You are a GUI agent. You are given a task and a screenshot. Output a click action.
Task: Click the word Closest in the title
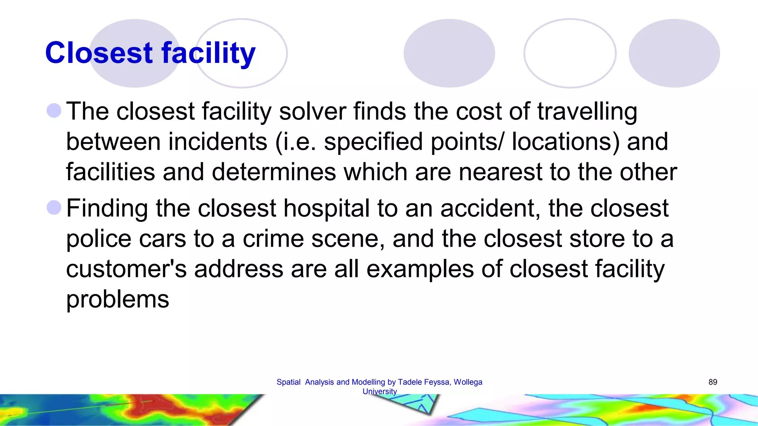pyautogui.click(x=99, y=53)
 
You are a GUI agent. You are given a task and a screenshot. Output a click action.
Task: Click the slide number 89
pyautogui.click(x=712, y=382)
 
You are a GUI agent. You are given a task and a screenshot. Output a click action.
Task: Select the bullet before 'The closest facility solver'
pyautogui.click(x=54, y=111)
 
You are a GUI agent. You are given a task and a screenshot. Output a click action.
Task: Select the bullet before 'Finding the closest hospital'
pyautogui.click(x=54, y=207)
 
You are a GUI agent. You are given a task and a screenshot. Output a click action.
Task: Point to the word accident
pyautogui.click(x=490, y=208)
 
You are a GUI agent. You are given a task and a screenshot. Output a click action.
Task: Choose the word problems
pyautogui.click(x=117, y=299)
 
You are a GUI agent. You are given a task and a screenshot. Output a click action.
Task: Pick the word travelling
pyautogui.click(x=587, y=112)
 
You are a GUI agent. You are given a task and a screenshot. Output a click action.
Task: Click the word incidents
pyautogui.click(x=218, y=142)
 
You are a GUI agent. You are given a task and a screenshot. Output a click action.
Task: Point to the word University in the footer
pyautogui.click(x=379, y=391)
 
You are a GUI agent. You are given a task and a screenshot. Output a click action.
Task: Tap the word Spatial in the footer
pyautogui.click(x=288, y=382)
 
